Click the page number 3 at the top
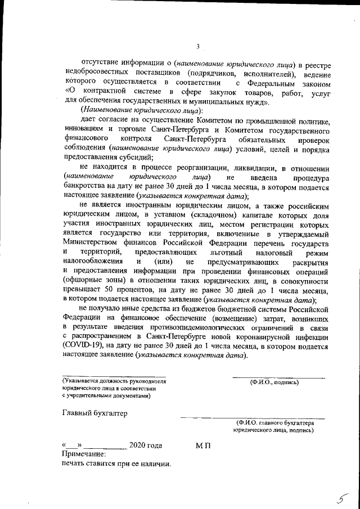198,47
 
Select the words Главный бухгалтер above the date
94,413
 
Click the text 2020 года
146,445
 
